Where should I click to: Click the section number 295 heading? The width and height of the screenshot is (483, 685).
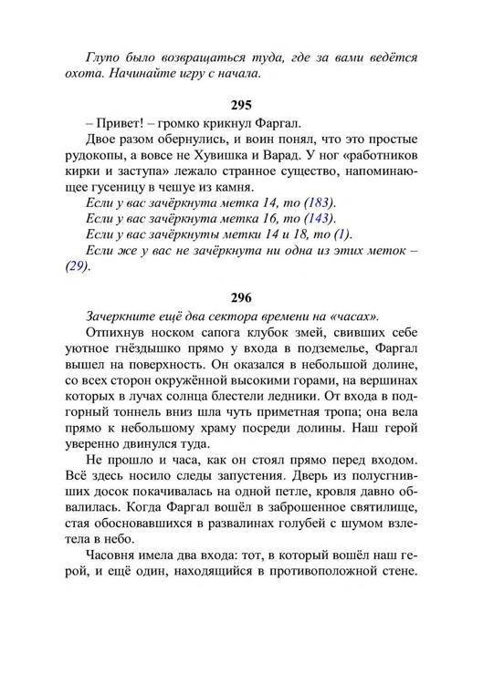[242, 107]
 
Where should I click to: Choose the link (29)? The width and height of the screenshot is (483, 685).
[79, 267]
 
